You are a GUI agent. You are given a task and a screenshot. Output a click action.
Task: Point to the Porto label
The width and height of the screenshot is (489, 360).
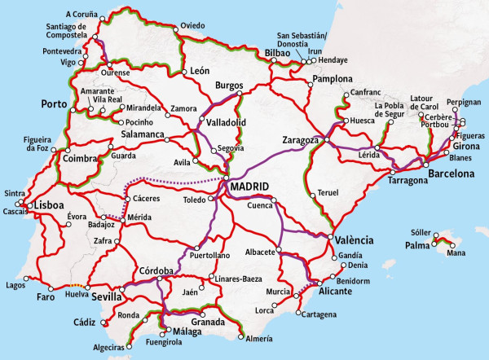pos(55,104)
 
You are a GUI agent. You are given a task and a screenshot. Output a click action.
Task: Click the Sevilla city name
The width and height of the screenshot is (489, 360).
pos(107,296)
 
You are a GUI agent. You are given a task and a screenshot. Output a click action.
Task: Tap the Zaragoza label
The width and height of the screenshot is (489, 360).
pos(299,140)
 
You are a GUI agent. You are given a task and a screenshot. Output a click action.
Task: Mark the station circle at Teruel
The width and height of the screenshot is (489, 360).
pos(312,193)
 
